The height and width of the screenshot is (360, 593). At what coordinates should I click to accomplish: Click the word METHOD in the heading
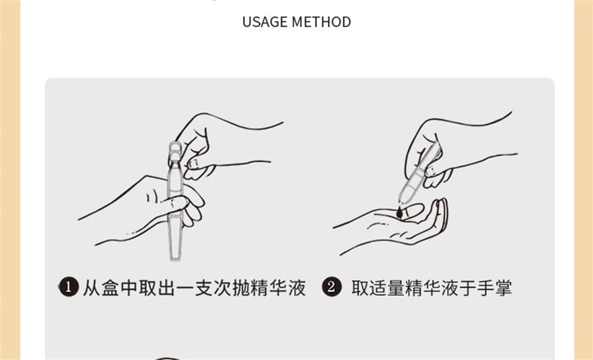point(322,22)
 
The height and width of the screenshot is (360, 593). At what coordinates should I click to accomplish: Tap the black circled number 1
point(69,287)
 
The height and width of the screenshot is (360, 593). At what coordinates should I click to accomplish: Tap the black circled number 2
point(331,287)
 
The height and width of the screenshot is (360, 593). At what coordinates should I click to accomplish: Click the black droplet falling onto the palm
point(399,213)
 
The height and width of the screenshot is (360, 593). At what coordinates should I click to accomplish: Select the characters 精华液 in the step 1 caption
point(278,287)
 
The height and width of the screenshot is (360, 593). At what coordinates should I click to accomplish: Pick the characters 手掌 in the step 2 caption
point(494,287)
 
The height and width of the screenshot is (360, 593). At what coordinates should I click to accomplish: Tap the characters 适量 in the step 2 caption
point(387,287)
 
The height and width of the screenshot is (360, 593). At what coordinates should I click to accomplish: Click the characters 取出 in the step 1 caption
point(157,287)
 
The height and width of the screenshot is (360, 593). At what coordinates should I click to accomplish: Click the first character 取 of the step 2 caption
point(360,287)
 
